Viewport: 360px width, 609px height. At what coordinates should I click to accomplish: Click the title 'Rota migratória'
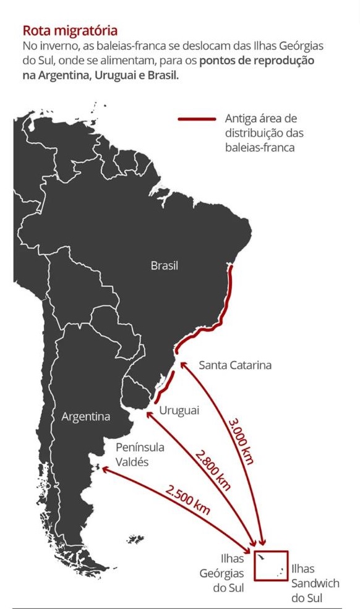coord(70,30)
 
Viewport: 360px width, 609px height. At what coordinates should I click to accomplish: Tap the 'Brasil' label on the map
coord(164,266)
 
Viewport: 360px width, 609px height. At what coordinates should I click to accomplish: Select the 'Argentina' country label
coord(85,417)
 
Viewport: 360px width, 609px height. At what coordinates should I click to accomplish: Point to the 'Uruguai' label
coord(179,411)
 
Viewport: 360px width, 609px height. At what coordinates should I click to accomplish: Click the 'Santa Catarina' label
coord(235,365)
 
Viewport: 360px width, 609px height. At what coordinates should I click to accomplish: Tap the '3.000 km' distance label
coord(242,440)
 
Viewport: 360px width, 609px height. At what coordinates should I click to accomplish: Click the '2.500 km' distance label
coord(187,500)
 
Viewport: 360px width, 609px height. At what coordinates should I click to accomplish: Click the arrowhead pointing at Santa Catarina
coord(181,365)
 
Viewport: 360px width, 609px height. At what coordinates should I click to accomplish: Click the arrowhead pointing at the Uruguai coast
coord(148,415)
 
